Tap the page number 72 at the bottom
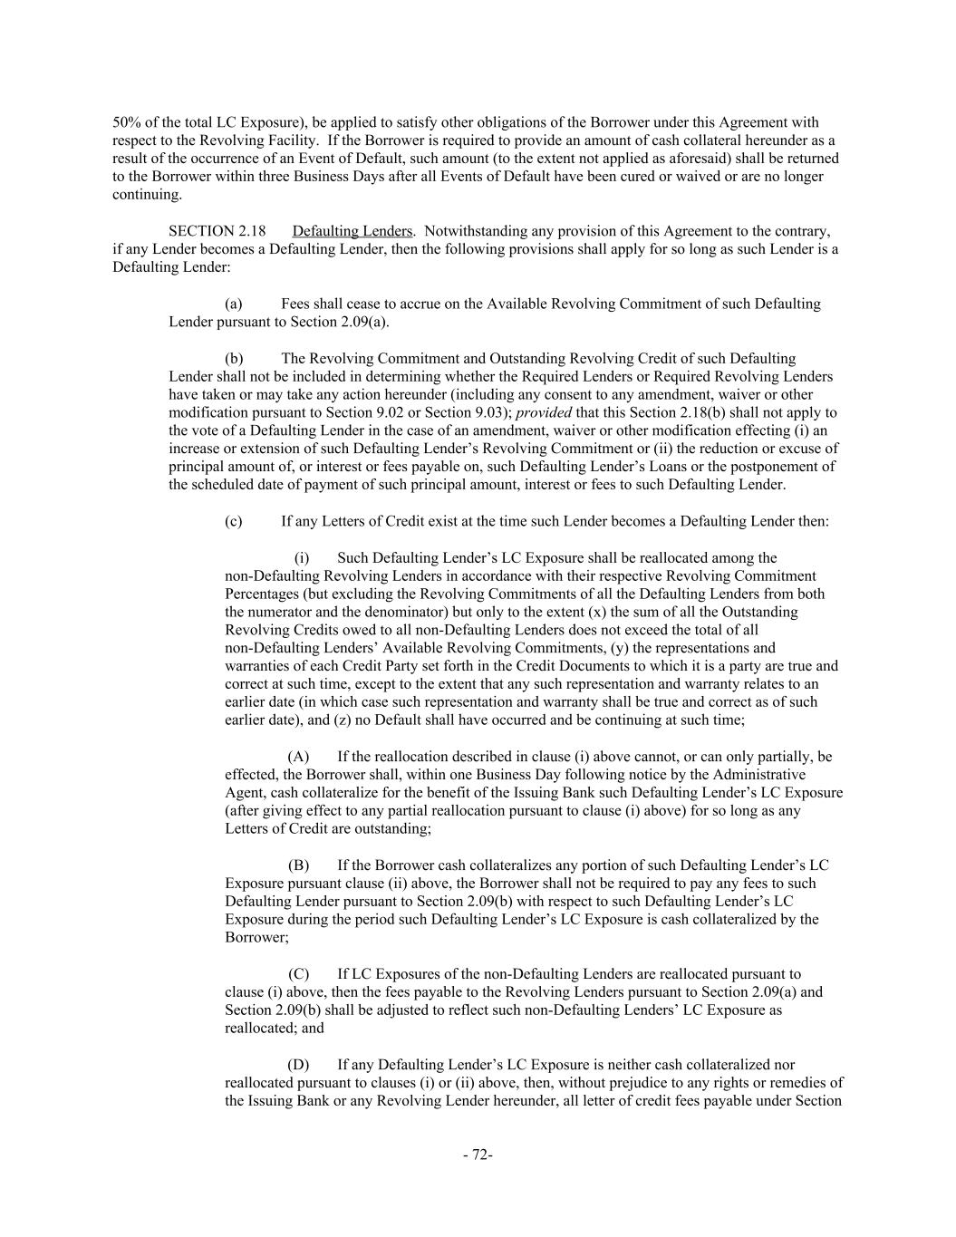click(x=478, y=1155)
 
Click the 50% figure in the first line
click(x=125, y=122)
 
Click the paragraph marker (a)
click(x=233, y=304)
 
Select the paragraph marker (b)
click(x=234, y=358)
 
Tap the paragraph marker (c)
click(x=233, y=521)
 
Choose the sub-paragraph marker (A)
click(x=298, y=757)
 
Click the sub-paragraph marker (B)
click(x=298, y=865)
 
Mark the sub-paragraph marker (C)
click(x=298, y=974)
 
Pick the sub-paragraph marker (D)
click(x=298, y=1065)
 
